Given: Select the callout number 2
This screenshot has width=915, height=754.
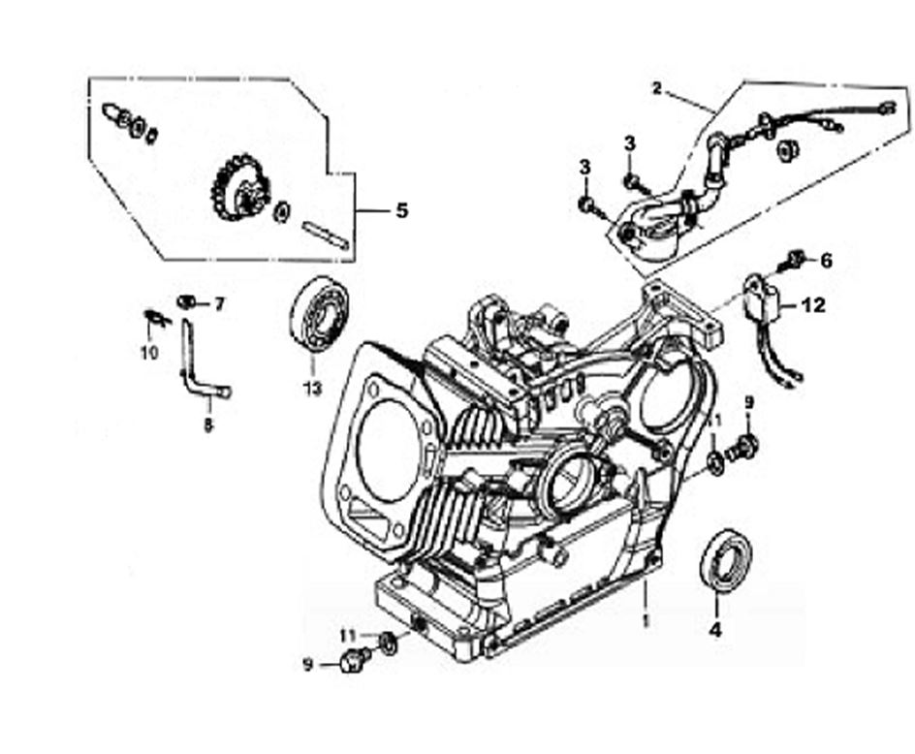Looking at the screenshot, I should pyautogui.click(x=657, y=88).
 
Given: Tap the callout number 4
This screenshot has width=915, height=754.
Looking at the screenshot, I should pyautogui.click(x=715, y=629).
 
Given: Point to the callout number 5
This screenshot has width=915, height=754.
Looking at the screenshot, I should pyautogui.click(x=401, y=210).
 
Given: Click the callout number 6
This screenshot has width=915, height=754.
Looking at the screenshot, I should pyautogui.click(x=826, y=260).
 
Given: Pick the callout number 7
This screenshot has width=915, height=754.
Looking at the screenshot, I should pyautogui.click(x=219, y=304).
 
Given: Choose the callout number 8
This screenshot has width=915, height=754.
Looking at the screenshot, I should pyautogui.click(x=208, y=424).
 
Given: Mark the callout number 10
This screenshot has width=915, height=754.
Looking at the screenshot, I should pyautogui.click(x=148, y=353).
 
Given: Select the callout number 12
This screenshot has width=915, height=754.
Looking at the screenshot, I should pyautogui.click(x=813, y=305).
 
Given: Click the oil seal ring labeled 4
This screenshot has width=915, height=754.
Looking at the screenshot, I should pyautogui.click(x=725, y=560).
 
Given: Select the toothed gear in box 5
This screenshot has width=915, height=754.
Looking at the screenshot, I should pyautogui.click(x=237, y=189).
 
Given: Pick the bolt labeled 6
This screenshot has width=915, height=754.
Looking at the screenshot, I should pyautogui.click(x=795, y=259).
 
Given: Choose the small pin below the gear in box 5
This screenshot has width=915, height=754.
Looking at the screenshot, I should pyautogui.click(x=324, y=236).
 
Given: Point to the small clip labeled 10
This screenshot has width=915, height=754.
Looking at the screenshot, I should pyautogui.click(x=152, y=316).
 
